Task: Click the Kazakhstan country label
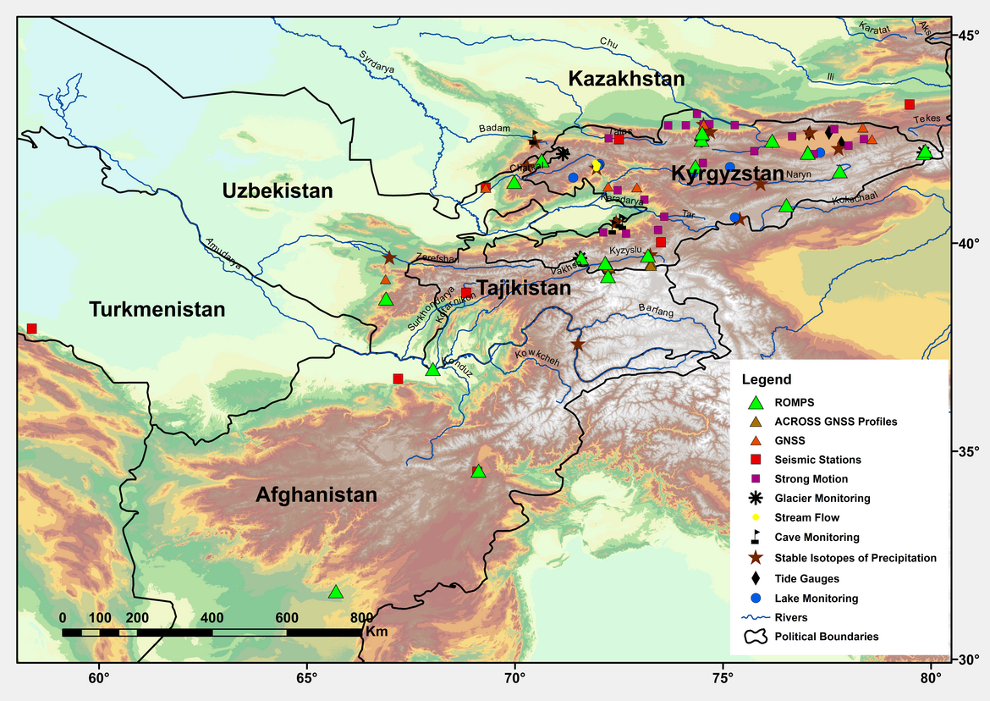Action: pos(626,80)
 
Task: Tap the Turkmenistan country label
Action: pos(157,310)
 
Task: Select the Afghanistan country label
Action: pos(316,495)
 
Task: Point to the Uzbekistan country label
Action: pos(278,191)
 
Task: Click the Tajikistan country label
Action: pos(525,289)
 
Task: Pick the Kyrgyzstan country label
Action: pos(729,174)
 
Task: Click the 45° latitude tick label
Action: pos(968,36)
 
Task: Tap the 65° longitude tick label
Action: pos(306,677)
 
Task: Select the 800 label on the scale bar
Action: pos(361,617)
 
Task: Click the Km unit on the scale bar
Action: pos(377,632)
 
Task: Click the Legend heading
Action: pos(766,380)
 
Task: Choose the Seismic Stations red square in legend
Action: pos(757,460)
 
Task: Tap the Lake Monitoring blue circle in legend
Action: pos(757,598)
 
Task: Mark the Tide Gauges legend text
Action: pos(806,578)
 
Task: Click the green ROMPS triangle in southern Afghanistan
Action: pos(336,592)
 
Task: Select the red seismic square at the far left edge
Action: pos(32,328)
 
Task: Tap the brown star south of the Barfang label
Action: pos(578,345)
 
